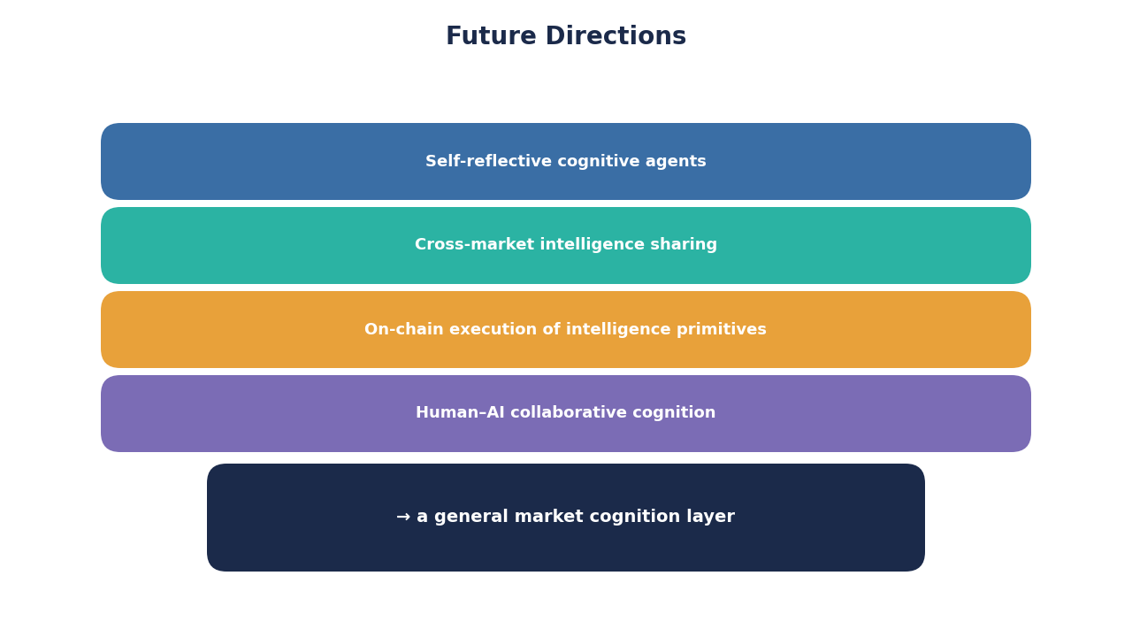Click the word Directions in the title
pos(616,36)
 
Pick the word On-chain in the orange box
pos(404,329)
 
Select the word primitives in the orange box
pos(722,330)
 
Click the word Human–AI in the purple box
pos(460,412)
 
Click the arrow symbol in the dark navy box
pos(403,517)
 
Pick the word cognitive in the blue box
pos(595,162)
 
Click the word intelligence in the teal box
pos(593,245)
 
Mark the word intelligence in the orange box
pos(618,330)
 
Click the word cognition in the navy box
pos(635,518)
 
